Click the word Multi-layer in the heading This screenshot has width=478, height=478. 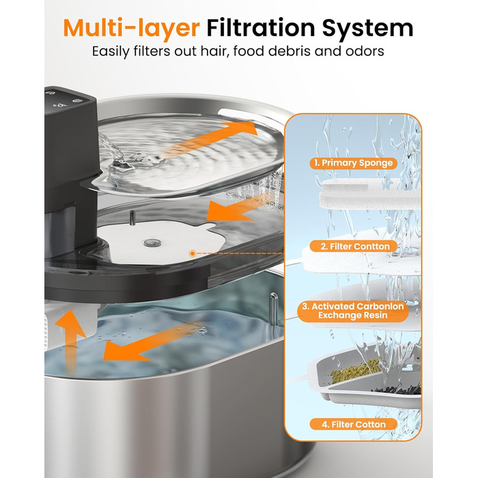coord(131,29)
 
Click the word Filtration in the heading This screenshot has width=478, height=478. coord(261,28)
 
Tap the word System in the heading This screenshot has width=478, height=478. coord(367,29)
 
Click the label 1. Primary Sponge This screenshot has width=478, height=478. coord(354,163)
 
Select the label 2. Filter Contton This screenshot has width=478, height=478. coord(354,247)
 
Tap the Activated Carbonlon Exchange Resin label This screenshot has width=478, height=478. coord(353,311)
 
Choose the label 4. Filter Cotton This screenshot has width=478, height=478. coord(354,424)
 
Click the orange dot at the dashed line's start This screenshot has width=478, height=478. coord(193,253)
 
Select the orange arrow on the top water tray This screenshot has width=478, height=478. coord(210,139)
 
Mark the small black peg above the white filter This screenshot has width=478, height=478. coord(132,219)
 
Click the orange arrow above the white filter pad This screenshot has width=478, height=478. coord(241,208)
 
